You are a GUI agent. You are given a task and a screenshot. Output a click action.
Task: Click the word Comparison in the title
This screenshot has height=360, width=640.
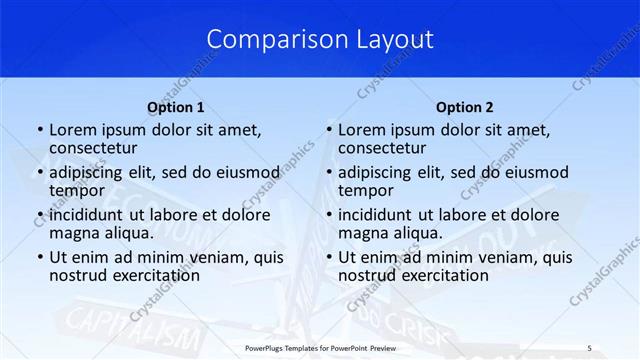point(267,39)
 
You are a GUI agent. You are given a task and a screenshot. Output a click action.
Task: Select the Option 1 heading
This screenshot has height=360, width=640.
point(176,107)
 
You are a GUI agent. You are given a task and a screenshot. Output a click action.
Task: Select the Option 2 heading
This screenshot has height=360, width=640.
point(465,107)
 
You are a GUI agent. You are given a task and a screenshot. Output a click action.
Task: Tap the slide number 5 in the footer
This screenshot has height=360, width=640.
point(589,347)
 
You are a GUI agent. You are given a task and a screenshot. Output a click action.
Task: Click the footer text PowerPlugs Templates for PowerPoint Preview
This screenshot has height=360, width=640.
point(320,347)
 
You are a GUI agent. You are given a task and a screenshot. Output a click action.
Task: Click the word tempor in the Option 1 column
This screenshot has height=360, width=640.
point(77,190)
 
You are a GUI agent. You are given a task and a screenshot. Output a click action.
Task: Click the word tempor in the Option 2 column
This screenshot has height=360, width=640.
point(366,190)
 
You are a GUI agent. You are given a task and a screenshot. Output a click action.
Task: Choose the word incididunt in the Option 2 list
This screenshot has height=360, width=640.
point(381,214)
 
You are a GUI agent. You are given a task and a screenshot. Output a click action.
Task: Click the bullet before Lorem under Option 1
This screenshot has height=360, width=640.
point(39,130)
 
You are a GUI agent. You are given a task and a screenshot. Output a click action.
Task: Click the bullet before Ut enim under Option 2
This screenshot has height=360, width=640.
point(328,257)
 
